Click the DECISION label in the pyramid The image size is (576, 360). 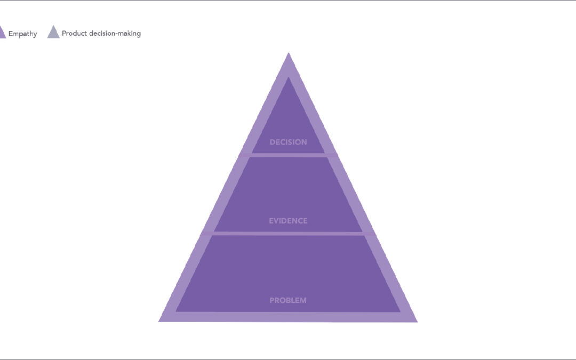coord(289,142)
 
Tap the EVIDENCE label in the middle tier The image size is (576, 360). coord(289,221)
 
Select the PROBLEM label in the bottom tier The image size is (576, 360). coord(288,300)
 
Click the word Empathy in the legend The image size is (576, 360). coord(23,34)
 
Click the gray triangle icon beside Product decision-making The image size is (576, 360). coord(53,32)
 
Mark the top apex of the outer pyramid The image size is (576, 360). coord(289,53)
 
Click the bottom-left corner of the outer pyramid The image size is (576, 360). coord(159,322)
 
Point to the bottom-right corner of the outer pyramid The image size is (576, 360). coord(417,322)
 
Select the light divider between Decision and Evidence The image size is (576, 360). coord(289,155)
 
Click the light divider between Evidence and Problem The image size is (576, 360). coord(289,234)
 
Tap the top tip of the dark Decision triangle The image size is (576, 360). coord(289,77)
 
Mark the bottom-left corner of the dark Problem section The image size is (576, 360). coord(177,311)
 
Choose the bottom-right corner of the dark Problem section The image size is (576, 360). coord(400,311)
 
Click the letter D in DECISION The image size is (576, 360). coord(273,142)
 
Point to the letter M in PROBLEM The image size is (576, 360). coord(303,300)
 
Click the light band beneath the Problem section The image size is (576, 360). coord(288,317)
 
